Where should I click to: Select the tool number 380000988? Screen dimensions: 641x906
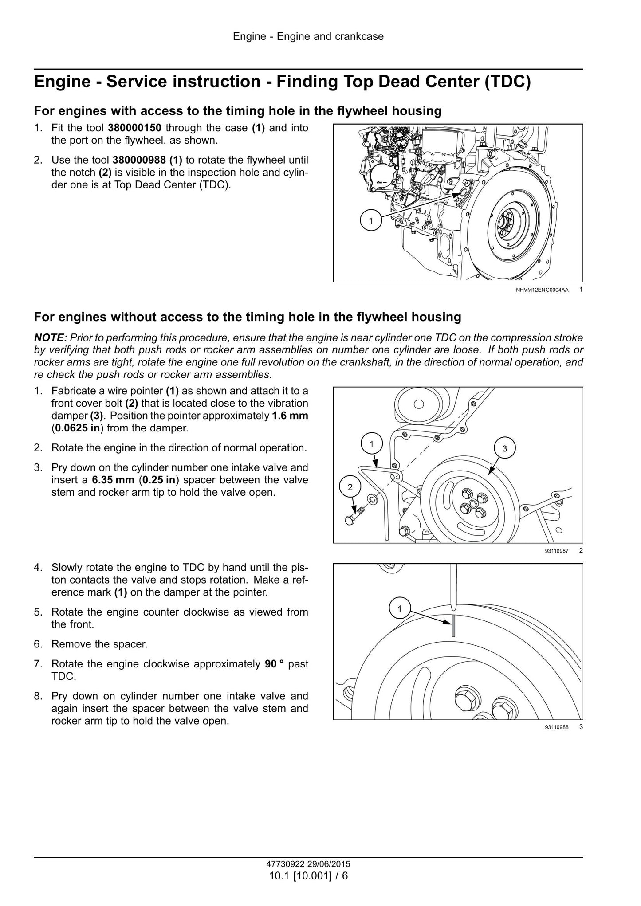(x=140, y=160)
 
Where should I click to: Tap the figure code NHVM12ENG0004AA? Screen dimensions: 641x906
(x=542, y=290)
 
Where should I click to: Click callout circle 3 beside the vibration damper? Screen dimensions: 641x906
(x=504, y=448)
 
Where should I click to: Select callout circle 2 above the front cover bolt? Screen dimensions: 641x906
(x=350, y=487)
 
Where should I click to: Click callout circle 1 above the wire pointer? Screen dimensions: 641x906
(x=371, y=443)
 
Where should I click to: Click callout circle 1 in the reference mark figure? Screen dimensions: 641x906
(x=399, y=608)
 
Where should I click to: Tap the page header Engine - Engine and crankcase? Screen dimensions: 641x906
(x=308, y=36)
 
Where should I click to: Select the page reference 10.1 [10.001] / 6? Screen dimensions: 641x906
(x=308, y=876)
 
